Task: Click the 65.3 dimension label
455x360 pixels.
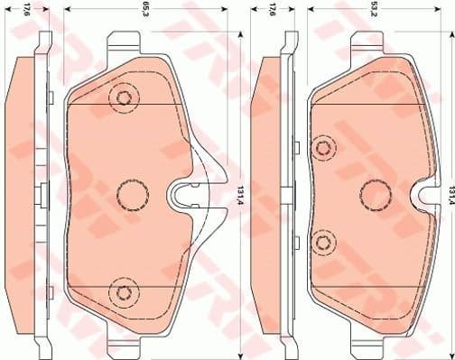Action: click(144, 11)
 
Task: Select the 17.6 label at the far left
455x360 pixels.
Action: click(26, 11)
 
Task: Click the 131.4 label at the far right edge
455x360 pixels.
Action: click(449, 191)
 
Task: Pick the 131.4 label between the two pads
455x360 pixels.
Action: click(239, 191)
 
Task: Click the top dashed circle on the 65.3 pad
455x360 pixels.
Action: click(122, 97)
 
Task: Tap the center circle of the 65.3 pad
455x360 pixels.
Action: click(133, 192)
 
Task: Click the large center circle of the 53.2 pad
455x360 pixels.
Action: click(373, 192)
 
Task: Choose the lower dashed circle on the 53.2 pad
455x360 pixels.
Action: click(322, 240)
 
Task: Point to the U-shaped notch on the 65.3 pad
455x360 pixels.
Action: click(183, 192)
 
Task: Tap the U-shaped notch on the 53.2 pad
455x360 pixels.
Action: click(423, 192)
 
